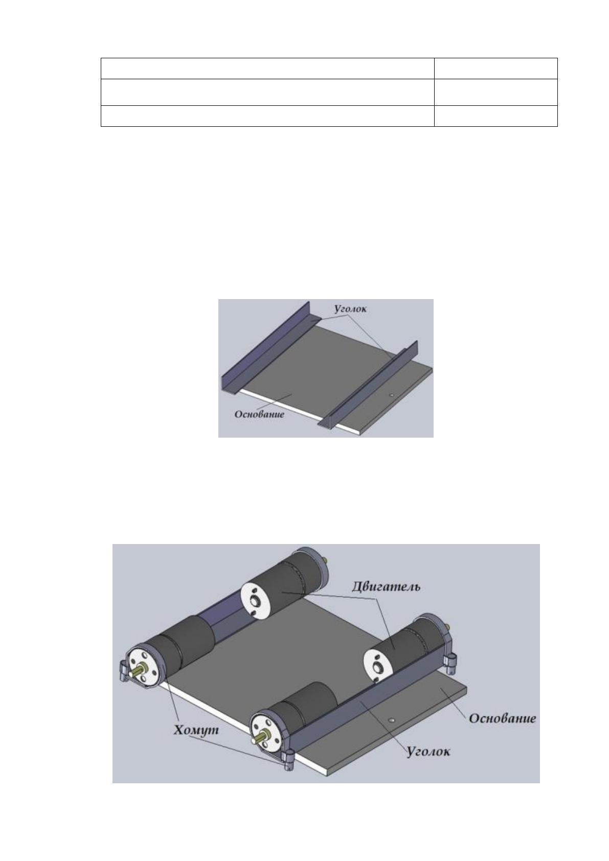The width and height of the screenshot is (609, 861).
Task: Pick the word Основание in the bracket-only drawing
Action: (x=260, y=414)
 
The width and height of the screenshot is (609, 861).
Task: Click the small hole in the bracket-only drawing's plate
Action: (x=391, y=394)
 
